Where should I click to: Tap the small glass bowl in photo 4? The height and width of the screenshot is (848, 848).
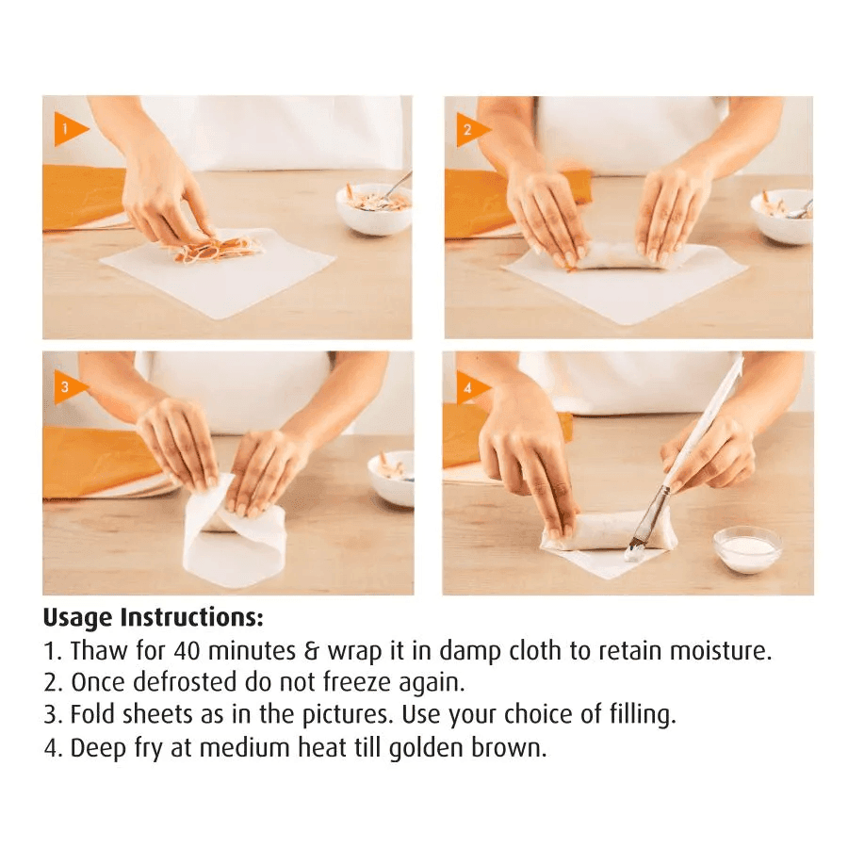coord(747,548)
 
